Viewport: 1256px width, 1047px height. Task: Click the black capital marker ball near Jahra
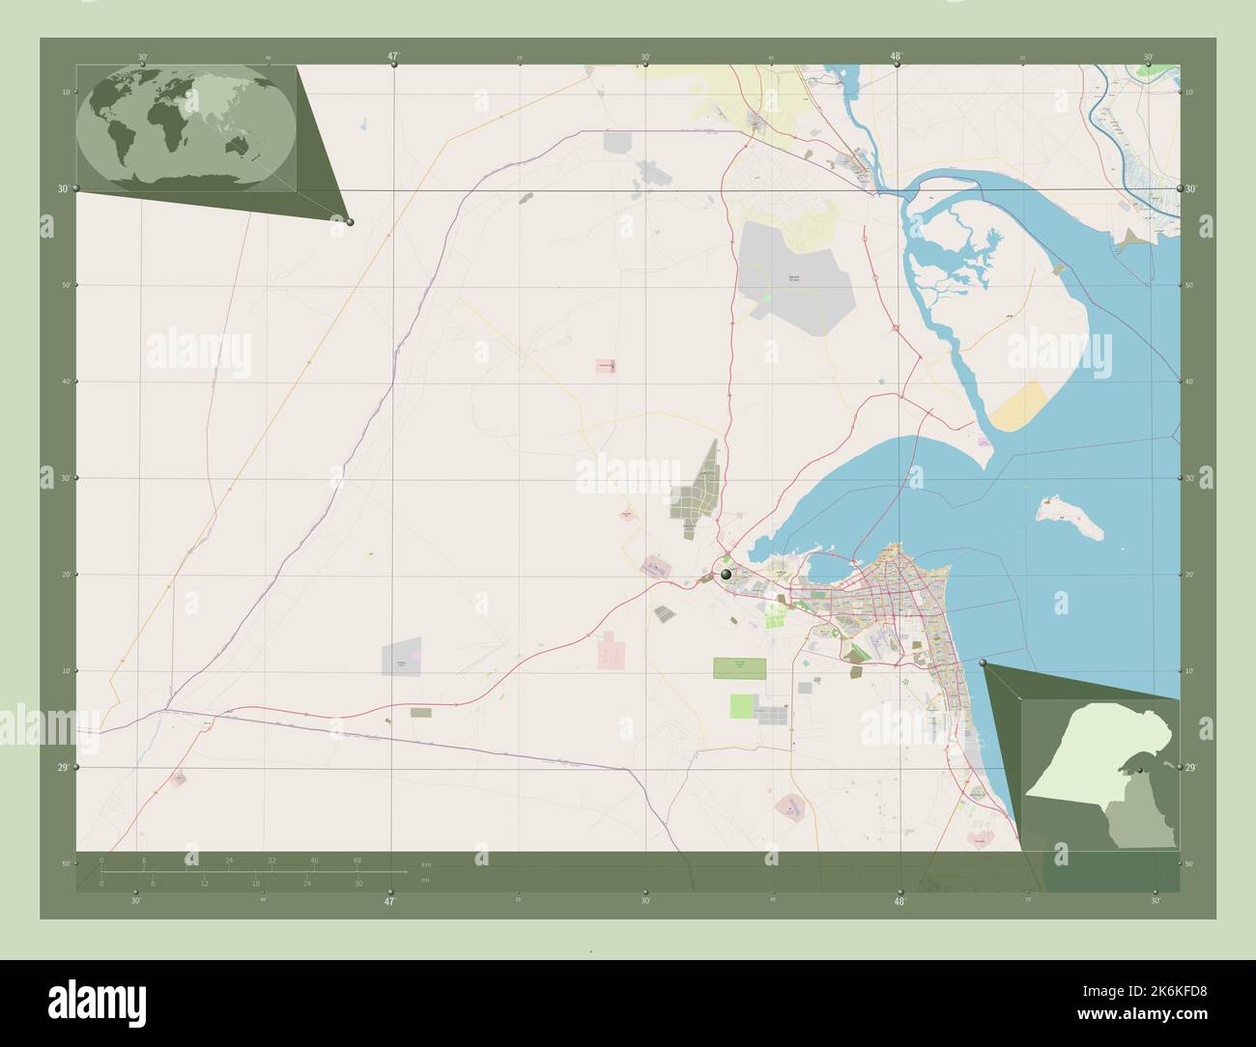pos(726,575)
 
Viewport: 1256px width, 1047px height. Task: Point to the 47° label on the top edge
pos(393,57)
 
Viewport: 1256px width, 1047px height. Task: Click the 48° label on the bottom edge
pos(899,902)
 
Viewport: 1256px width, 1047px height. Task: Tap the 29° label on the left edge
pos(62,768)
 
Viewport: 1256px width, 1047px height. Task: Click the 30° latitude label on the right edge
pos(1194,189)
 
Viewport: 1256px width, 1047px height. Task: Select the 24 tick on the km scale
pos(229,860)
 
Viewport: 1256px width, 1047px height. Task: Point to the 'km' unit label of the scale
pos(426,863)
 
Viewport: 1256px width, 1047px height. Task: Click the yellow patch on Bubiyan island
pos(1019,407)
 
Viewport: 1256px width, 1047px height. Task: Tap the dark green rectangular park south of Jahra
pos(740,666)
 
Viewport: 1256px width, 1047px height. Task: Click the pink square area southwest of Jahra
pos(611,650)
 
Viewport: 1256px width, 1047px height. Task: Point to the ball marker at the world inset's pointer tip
pos(350,222)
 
